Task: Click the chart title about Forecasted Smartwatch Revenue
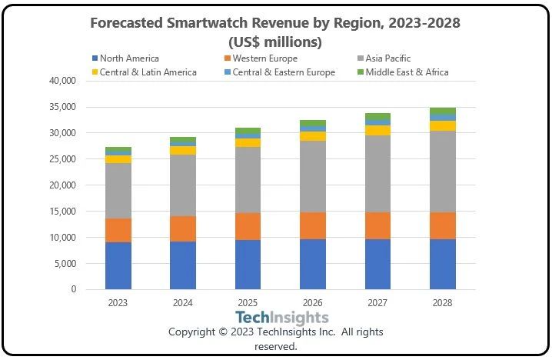pos(275,32)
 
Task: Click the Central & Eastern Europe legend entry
pos(289,72)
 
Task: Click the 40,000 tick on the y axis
pos(62,81)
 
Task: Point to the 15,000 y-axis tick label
pos(62,212)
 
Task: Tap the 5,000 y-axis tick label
pos(64,264)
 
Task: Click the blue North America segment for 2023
pos(118,266)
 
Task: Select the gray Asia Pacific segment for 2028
pos(443,172)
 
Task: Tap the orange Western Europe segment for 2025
pos(248,226)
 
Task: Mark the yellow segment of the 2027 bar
pos(377,130)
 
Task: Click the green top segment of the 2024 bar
pos(183,140)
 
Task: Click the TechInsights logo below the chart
pos(281,317)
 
